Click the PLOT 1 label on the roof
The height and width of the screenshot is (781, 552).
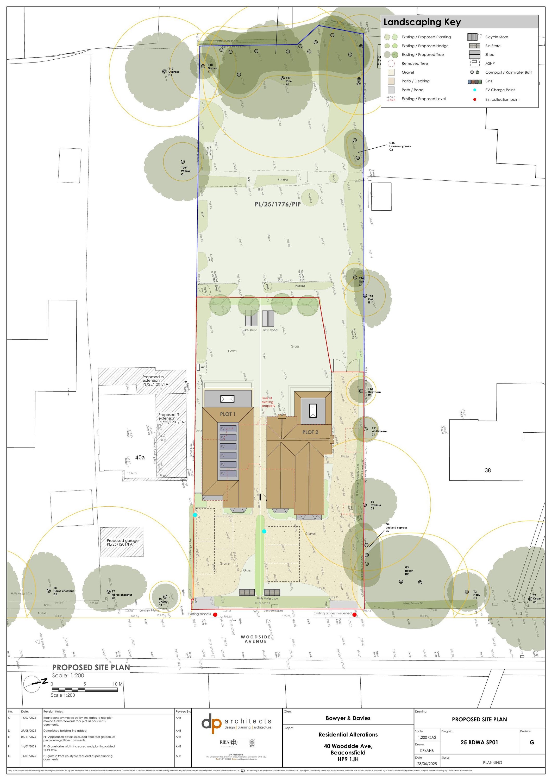click(228, 414)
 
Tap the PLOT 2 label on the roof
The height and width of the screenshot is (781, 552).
click(310, 432)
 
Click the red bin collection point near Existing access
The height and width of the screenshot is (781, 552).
click(215, 615)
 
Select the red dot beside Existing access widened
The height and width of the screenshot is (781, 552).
click(354, 615)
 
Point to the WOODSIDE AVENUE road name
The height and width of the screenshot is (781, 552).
click(256, 639)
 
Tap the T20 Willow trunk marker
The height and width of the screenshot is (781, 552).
click(183, 162)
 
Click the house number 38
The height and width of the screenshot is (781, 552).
click(487, 470)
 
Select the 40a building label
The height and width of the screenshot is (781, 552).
click(140, 457)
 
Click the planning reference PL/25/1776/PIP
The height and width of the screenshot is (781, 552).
click(278, 204)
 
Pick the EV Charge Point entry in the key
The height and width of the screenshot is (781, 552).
click(500, 90)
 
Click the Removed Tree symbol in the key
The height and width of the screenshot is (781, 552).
click(391, 64)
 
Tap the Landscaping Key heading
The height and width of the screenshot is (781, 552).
click(422, 22)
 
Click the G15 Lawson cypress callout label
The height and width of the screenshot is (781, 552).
click(400, 146)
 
